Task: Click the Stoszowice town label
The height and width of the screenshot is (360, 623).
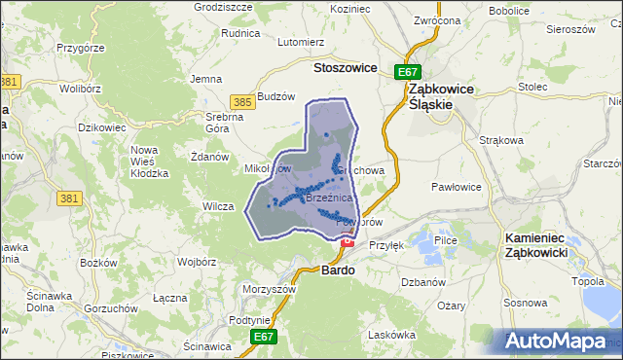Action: click(346, 68)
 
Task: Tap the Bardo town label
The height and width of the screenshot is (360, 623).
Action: click(338, 271)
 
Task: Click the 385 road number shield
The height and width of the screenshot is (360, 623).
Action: click(243, 101)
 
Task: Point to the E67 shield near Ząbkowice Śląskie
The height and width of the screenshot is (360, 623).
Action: click(407, 72)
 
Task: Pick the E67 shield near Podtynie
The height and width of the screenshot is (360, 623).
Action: click(261, 337)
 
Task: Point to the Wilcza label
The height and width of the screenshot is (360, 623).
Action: click(218, 206)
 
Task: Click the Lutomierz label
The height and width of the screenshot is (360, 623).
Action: click(301, 43)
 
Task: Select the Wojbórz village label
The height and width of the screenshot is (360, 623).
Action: click(198, 262)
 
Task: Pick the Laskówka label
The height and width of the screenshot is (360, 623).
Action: click(392, 335)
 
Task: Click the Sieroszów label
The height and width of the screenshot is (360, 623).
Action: click(569, 29)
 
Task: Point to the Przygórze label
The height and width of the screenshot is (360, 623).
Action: click(80, 46)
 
